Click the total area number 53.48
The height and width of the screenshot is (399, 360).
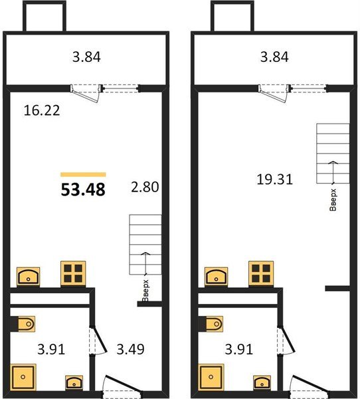(84, 190)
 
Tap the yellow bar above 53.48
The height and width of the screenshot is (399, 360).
(83, 174)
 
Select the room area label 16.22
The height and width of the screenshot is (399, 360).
(42, 110)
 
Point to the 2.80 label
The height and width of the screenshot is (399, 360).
(145, 187)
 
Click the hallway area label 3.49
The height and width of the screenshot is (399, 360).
(131, 348)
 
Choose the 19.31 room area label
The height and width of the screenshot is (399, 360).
(274, 178)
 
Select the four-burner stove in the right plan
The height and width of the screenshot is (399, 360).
(261, 273)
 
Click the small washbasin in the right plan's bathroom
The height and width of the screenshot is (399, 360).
(260, 382)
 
